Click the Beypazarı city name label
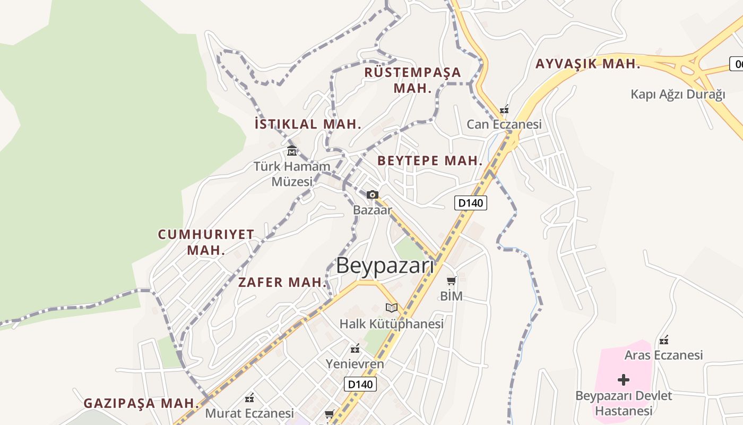[385, 266]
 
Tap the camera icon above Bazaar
[373, 195]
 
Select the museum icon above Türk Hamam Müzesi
[291, 151]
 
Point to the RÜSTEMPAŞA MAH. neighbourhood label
[413, 80]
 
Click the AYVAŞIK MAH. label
[588, 64]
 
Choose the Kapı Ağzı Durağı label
[678, 95]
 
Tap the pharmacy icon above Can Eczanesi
[504, 110]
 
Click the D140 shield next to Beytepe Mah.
[471, 202]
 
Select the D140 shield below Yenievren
[360, 384]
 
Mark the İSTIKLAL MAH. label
[308, 124]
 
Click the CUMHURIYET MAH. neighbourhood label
[206, 242]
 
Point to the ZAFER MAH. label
[282, 282]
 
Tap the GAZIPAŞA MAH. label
[141, 403]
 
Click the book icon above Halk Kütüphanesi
[392, 308]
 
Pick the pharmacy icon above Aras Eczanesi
[663, 340]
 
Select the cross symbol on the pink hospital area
[624, 380]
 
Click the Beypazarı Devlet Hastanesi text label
[624, 403]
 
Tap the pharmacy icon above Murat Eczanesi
[249, 398]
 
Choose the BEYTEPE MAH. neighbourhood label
[430, 160]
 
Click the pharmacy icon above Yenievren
[355, 349]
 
